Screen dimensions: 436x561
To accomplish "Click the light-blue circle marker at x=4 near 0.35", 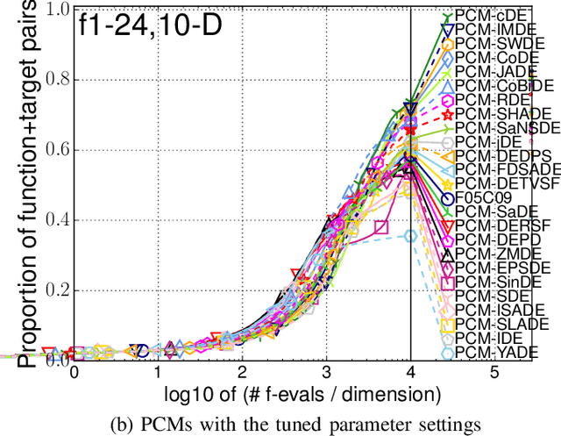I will click(x=410, y=235).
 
